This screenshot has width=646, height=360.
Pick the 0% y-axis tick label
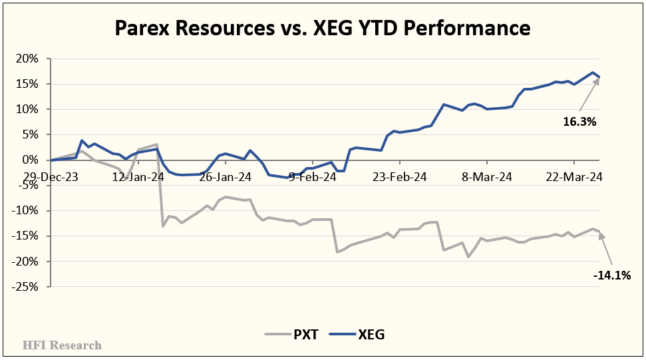click(x=31, y=160)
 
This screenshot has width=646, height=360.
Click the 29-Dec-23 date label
click(x=51, y=177)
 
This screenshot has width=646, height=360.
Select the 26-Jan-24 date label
click(x=225, y=177)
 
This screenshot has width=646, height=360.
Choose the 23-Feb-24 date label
click(x=400, y=177)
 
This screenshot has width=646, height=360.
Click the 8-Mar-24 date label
click(x=488, y=177)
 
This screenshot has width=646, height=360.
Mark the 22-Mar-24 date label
click(x=575, y=177)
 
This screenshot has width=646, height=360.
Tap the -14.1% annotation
click(x=611, y=274)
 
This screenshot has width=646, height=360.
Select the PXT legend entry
click(x=291, y=335)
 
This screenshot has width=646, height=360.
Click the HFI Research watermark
click(x=62, y=345)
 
